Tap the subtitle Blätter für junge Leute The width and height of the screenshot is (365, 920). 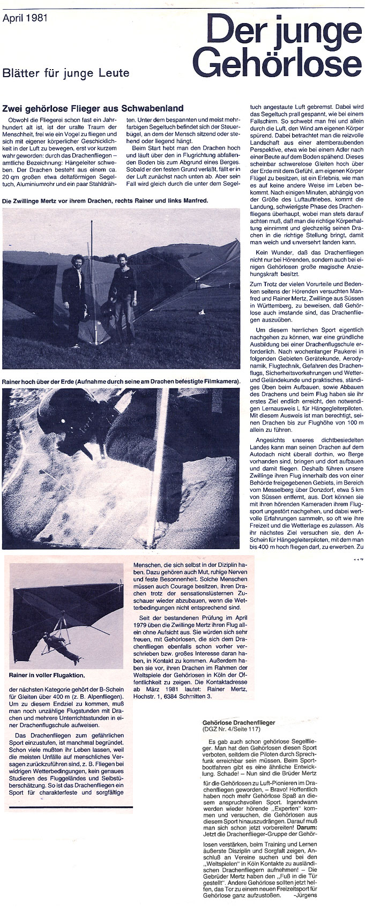click(x=66, y=73)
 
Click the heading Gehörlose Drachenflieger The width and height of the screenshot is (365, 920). click(x=238, y=723)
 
